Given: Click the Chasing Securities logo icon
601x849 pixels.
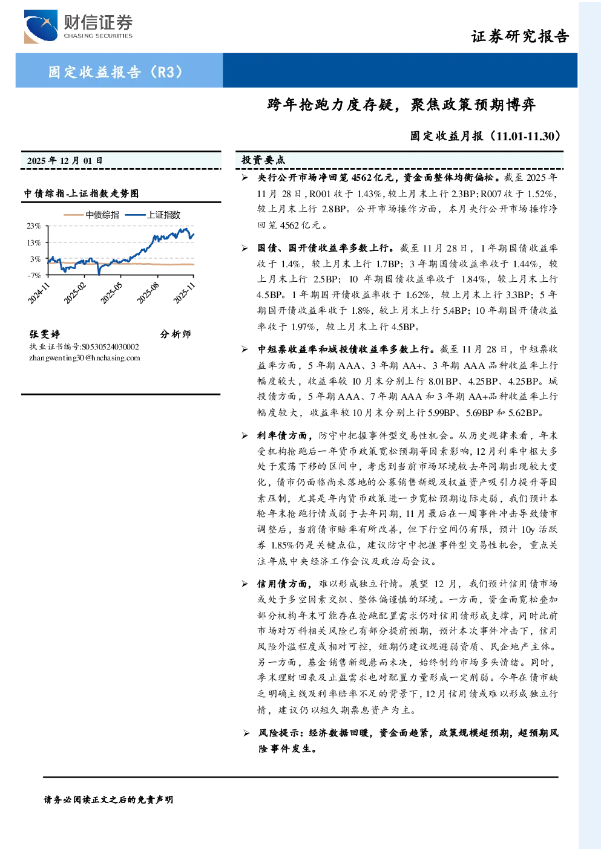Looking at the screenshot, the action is coord(41,27).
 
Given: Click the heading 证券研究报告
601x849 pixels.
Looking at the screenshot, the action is coord(520,36).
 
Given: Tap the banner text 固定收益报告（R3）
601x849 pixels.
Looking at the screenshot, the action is coord(116,71).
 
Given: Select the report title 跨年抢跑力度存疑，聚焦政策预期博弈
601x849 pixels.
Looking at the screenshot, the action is coord(401,105).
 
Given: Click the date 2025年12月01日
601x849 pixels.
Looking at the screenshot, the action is coord(65,161).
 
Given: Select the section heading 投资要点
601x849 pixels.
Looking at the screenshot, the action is coord(263,160).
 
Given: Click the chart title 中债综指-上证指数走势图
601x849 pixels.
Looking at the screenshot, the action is coord(81,194).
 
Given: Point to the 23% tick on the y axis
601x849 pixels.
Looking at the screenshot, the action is coord(34,226).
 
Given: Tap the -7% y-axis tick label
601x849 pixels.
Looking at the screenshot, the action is coord(34,275).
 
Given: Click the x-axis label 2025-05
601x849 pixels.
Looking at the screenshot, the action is coord(111,293).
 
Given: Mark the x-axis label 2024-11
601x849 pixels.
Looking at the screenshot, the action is coord(38,293).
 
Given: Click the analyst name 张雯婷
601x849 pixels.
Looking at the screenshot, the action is coord(45,334).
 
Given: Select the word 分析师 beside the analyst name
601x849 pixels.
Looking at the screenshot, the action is coord(176,334).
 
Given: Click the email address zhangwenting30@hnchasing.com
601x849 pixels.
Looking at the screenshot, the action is coord(85,358).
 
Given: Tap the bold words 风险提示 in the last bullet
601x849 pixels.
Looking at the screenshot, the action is coord(278,733).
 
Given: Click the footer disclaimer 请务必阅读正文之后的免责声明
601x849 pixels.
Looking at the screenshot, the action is coord(108,800).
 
